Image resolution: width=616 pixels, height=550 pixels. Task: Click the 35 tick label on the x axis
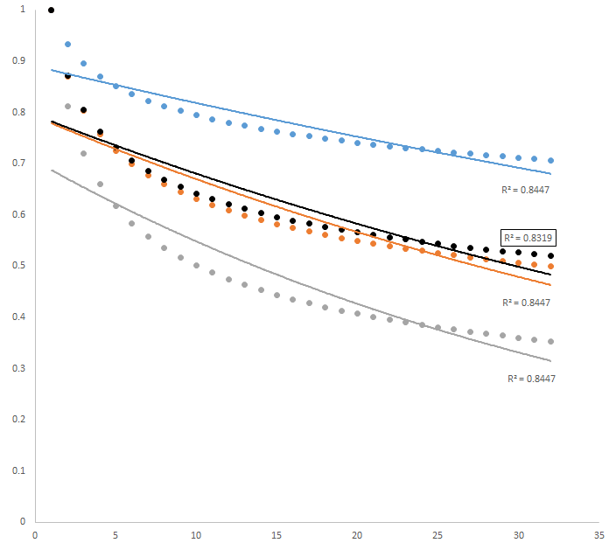coord(599,534)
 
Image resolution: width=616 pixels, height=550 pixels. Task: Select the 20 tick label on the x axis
coord(357,534)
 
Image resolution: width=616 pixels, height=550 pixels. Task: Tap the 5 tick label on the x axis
coord(115,534)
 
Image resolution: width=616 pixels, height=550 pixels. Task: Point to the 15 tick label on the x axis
coord(276,534)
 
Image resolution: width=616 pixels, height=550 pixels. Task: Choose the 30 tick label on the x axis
coord(519,534)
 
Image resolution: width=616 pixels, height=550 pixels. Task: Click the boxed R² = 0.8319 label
coord(528,237)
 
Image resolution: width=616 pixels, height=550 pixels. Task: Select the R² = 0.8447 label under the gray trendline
coord(532,379)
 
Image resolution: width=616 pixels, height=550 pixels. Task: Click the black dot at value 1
coord(51,10)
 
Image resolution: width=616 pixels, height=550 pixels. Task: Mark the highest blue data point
coord(67,44)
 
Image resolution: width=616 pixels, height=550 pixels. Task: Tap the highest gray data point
coord(67,107)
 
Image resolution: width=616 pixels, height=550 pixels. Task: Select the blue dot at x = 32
coord(550,160)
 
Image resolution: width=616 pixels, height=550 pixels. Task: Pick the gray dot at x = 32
coord(550,341)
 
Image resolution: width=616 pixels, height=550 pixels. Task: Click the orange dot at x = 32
coord(550,266)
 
